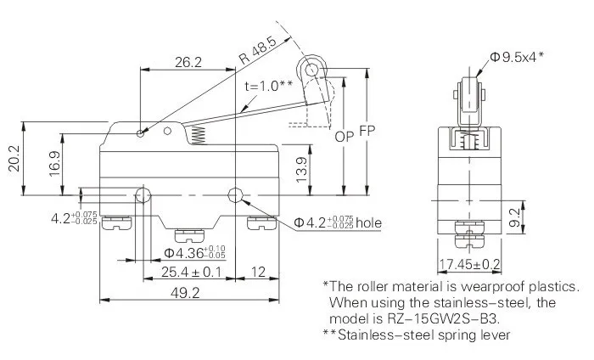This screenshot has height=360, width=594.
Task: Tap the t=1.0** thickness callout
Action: coord(269,85)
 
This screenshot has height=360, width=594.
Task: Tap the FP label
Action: coord(367,132)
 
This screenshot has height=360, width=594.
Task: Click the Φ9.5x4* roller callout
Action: coord(517,58)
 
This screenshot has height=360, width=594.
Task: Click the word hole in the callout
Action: coord(368,223)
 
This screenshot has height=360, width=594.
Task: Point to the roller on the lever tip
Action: coord(311,67)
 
